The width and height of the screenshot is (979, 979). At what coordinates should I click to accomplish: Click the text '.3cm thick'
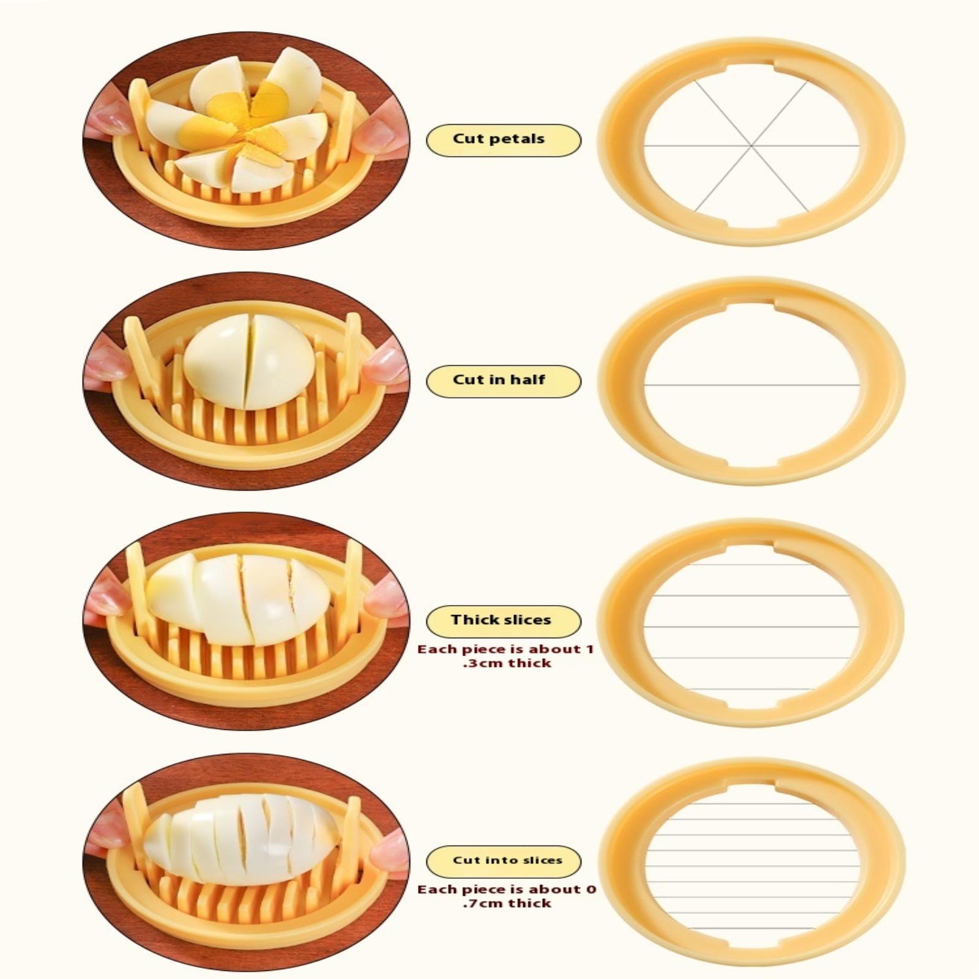507,663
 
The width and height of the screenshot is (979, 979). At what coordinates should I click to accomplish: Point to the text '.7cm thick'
507,903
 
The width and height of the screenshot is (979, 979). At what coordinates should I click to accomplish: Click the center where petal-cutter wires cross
751,146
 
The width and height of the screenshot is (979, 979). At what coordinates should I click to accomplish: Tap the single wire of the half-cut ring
751,385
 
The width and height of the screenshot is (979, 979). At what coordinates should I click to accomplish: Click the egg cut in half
248,361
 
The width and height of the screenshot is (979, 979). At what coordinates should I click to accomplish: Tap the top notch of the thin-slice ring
750,786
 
